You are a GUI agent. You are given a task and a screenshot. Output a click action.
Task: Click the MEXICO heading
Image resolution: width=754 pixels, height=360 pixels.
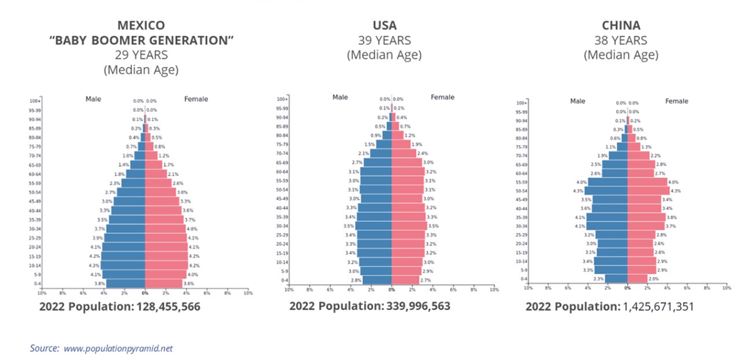click(x=141, y=26)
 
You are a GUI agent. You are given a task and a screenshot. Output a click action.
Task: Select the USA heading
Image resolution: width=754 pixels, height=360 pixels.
click(x=384, y=26)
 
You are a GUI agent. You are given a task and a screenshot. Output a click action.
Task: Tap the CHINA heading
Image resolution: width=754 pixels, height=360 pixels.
click(x=621, y=26)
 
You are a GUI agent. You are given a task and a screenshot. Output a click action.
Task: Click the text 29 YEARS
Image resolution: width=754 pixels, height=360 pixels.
click(x=141, y=55)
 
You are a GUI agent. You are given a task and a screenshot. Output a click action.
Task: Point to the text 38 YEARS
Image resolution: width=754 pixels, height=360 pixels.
click(x=621, y=41)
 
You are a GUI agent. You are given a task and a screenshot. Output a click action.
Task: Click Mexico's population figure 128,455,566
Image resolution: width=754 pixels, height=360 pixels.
click(x=168, y=307)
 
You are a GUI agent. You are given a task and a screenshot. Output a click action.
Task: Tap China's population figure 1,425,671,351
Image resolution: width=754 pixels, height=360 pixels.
click(x=658, y=307)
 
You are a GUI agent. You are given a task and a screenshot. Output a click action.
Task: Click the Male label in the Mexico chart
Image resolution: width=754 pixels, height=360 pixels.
click(x=93, y=99)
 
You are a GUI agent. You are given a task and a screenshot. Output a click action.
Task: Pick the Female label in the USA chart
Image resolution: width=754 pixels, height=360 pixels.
click(x=443, y=97)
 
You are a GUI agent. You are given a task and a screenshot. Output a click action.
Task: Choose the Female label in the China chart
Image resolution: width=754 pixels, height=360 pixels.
click(x=676, y=101)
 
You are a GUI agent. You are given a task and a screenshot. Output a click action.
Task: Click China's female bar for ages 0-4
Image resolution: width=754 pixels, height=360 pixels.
click(x=638, y=279)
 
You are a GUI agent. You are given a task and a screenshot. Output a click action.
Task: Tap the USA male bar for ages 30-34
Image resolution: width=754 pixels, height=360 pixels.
click(x=374, y=225)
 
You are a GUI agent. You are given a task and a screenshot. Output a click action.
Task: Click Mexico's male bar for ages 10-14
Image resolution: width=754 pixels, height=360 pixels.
click(x=123, y=265)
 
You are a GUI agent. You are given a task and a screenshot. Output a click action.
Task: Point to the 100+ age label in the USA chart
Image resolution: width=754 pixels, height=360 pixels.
click(x=282, y=99)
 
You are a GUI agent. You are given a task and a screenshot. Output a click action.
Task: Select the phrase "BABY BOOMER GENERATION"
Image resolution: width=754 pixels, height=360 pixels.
click(x=141, y=41)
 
